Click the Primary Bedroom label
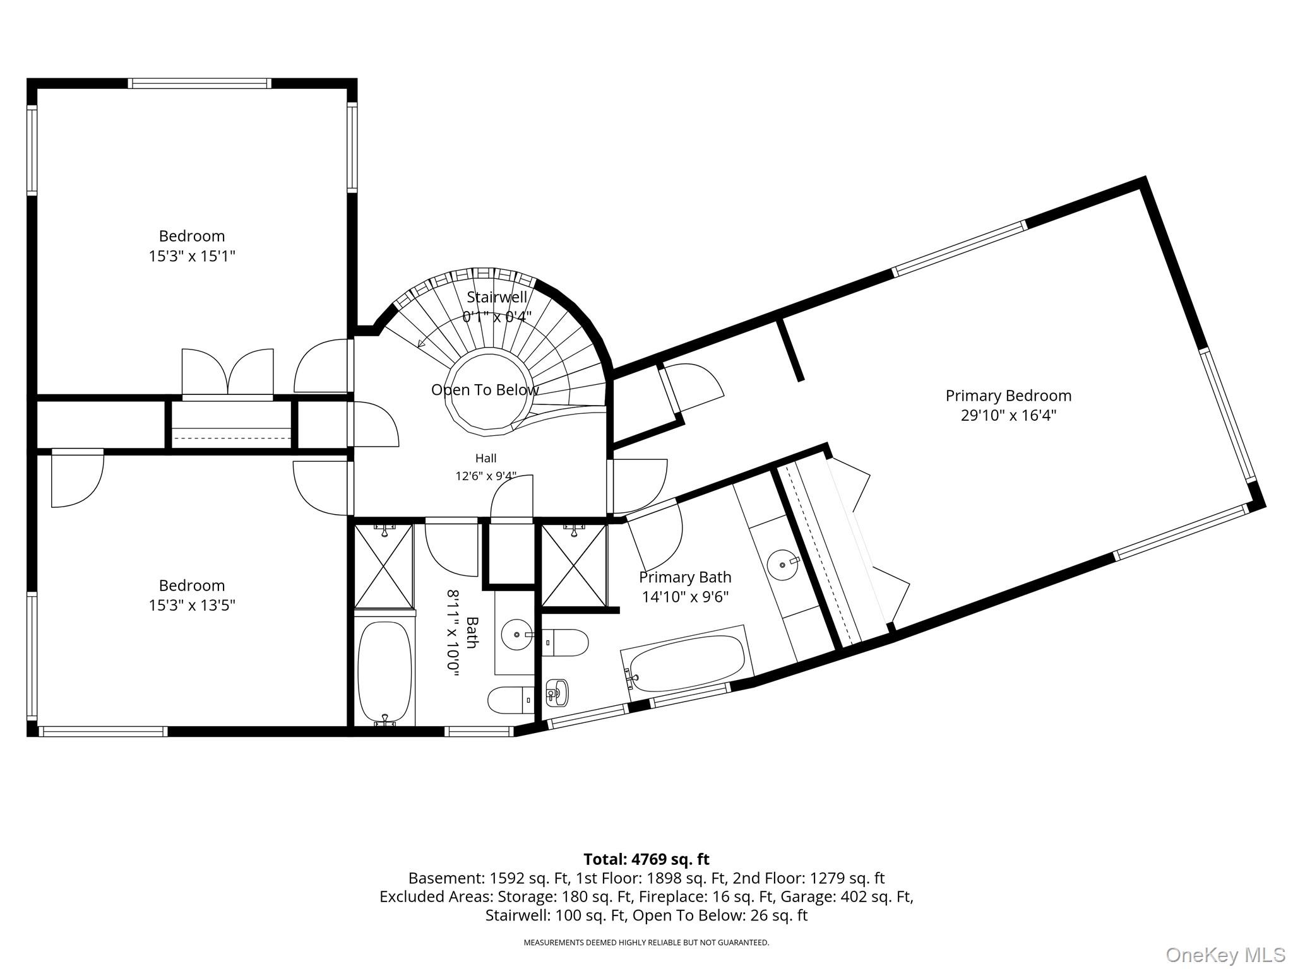(1008, 396)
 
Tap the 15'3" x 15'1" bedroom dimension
(192, 256)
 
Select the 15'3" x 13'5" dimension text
(192, 606)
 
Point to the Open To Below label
(485, 390)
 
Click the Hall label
(486, 459)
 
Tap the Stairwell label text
(497, 297)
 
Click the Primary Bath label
(685, 577)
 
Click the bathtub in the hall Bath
(384, 673)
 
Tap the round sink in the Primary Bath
(783, 561)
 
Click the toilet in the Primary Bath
(565, 642)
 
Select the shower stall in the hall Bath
(384, 566)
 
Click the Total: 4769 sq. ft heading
(646, 859)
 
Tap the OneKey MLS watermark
(1225, 954)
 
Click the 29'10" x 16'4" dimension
(1008, 416)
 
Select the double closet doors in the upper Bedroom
(228, 373)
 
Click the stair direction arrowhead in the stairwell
(420, 343)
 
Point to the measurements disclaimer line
(646, 943)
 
